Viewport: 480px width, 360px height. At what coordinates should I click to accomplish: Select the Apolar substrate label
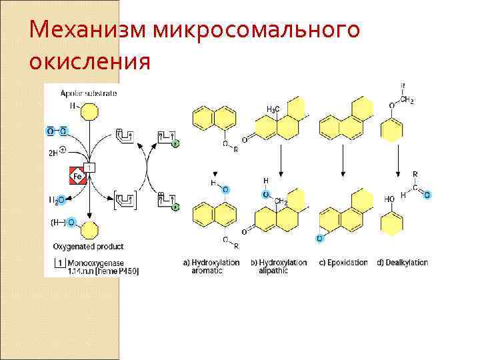coord(89,93)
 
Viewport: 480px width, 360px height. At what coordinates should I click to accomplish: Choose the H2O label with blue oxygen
coord(56,199)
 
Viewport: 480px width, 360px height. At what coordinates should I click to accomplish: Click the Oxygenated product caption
coord(88,247)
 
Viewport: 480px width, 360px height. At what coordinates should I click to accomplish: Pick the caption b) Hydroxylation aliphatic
coord(279,267)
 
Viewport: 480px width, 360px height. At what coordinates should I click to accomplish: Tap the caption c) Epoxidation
coord(343,263)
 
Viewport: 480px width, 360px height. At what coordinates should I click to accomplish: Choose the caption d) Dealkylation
coord(402,263)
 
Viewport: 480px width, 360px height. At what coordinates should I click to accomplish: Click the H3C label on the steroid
coord(273,108)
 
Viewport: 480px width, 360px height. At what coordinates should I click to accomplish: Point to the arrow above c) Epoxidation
coord(343,160)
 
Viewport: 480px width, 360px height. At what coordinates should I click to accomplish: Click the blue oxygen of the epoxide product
coord(320,238)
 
